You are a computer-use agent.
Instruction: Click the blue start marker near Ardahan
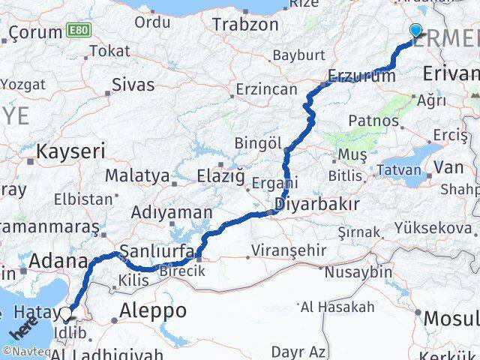pyautogui.click(x=417, y=31)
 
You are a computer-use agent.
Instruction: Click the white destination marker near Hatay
pyautogui.click(x=67, y=314)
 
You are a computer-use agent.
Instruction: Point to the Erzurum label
pyautogui.click(x=361, y=76)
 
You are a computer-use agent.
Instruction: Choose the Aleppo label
pyautogui.click(x=153, y=310)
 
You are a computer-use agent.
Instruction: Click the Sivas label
pyautogui.click(x=133, y=83)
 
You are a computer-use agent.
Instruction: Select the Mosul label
pyautogui.click(x=451, y=318)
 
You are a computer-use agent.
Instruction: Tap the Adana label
pyautogui.click(x=58, y=262)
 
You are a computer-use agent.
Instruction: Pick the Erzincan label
pyautogui.click(x=266, y=89)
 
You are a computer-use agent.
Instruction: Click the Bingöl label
pyautogui.click(x=257, y=142)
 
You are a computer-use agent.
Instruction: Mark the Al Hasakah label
pyautogui.click(x=337, y=307)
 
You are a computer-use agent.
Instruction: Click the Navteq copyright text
pyautogui.click(x=25, y=350)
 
